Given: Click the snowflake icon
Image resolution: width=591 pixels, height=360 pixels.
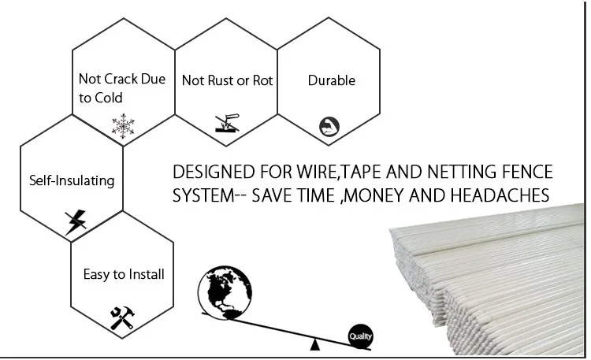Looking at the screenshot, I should click(123, 126).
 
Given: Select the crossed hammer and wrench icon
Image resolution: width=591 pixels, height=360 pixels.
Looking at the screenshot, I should click(122, 317).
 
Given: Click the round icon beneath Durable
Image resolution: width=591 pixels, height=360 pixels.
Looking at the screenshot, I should click(328, 126).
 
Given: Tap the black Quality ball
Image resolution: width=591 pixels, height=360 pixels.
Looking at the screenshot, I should click(360, 337).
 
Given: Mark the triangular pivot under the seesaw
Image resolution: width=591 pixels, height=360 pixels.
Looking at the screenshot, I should click(315, 344).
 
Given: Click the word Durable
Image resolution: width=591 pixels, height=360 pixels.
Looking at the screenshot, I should click(331, 80).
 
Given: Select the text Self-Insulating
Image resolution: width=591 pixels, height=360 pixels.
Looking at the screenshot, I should click(72, 180).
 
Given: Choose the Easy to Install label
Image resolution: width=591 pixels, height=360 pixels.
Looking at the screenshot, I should click(124, 274).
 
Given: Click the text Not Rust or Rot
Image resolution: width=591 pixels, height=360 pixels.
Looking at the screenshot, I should click(227, 80).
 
